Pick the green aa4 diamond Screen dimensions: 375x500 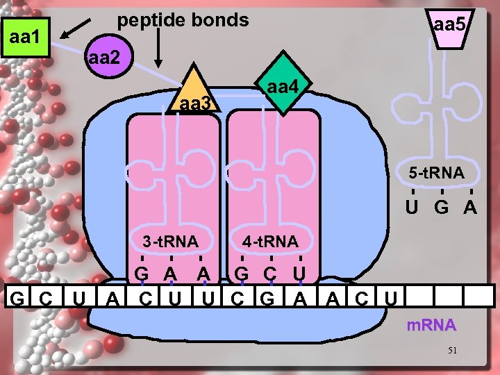click(283, 87)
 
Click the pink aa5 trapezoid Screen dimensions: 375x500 click(451, 28)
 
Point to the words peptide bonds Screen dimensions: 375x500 click(183, 20)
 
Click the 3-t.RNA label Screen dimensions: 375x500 click(170, 242)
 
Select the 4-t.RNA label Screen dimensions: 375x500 click(271, 242)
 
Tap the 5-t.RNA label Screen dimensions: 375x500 click(436, 173)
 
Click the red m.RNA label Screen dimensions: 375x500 click(432, 325)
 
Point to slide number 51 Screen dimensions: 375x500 click(452, 351)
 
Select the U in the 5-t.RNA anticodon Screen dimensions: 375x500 click(412, 206)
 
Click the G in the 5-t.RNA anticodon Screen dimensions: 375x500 click(442, 206)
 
